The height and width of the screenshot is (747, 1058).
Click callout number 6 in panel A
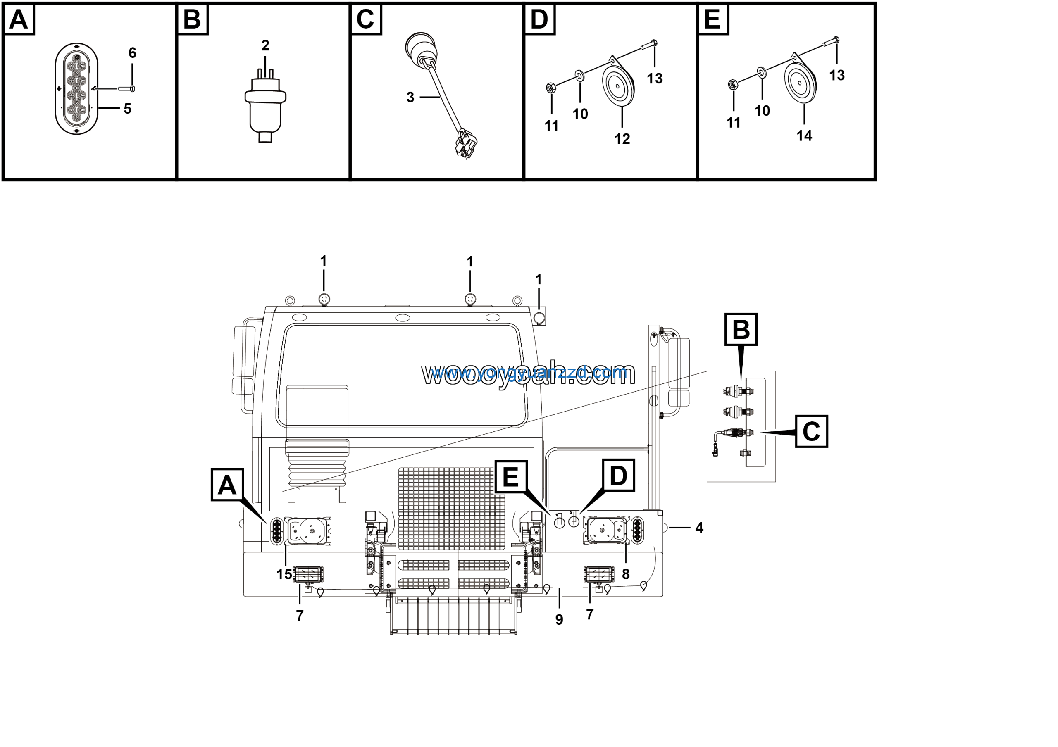[132, 53]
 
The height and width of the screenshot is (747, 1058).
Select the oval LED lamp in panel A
[76, 89]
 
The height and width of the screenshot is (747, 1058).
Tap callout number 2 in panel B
[265, 45]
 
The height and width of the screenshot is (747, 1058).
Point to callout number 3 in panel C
[410, 97]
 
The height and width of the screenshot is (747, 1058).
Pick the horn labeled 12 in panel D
[618, 86]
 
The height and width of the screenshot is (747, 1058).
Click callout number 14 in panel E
[804, 136]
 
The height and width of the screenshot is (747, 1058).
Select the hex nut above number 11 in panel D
[550, 87]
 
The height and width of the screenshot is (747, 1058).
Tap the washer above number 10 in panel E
[761, 71]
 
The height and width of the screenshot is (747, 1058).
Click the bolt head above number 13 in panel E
[836, 40]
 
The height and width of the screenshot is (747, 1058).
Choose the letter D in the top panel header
[539, 20]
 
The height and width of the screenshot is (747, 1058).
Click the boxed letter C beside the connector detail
[811, 431]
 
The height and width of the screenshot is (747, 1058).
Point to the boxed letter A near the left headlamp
[227, 485]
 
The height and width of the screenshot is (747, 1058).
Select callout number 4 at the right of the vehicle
[699, 528]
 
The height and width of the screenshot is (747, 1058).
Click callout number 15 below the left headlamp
[284, 574]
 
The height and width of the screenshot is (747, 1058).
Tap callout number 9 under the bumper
[559, 620]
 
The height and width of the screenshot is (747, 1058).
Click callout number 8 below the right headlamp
[625, 574]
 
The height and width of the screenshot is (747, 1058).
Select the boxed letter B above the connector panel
[741, 330]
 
